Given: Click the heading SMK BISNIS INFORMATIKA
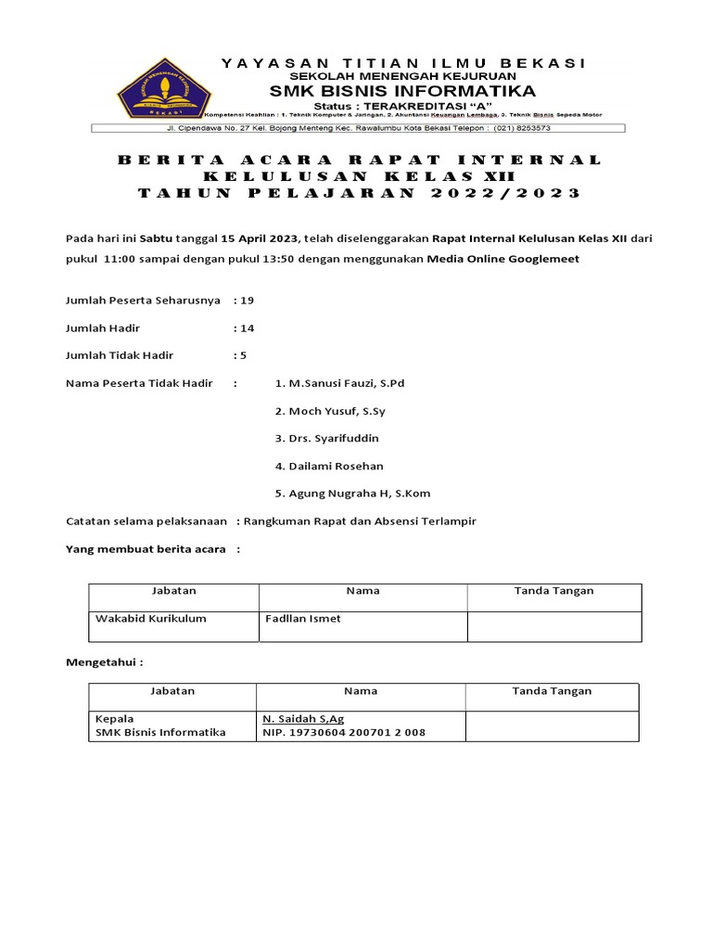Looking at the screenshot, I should [402, 91].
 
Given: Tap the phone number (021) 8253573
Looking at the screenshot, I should [522, 129].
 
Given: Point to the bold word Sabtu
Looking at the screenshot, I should [156, 238].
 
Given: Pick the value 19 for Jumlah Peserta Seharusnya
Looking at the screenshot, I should [247, 301].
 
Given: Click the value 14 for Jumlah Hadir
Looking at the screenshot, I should [247, 328].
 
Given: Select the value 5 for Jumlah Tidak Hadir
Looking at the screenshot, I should [243, 355].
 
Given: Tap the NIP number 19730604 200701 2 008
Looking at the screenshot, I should [344, 733].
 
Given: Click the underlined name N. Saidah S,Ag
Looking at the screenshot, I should [303, 718].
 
